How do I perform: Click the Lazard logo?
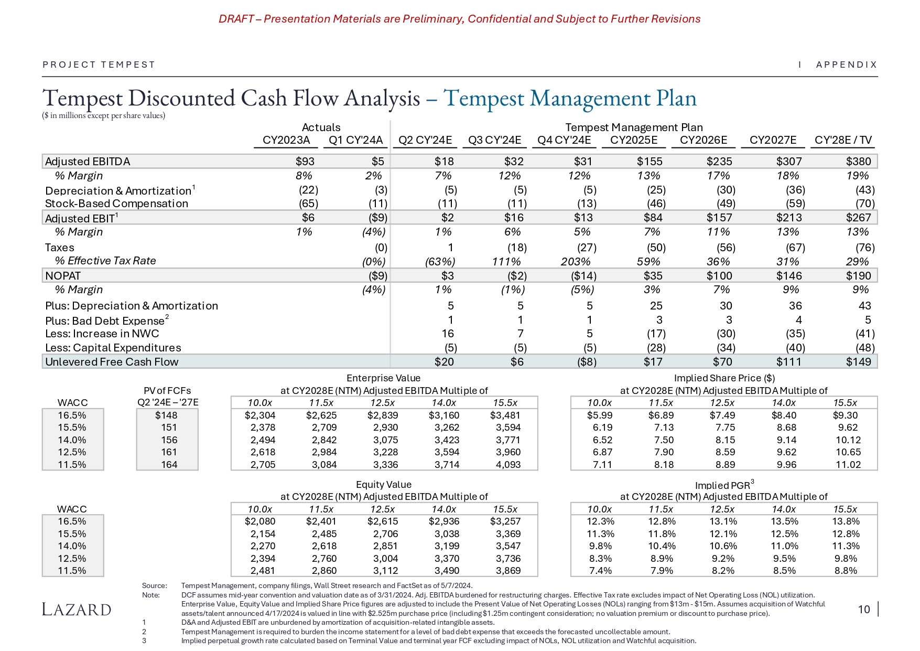[77, 610]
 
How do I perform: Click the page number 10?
[864, 609]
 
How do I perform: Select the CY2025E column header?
[634, 140]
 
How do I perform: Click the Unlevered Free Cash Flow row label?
[112, 362]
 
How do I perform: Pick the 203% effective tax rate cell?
[576, 261]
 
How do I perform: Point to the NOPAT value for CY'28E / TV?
[858, 276]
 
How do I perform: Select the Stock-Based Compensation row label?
[116, 204]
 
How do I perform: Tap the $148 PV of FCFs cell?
[167, 415]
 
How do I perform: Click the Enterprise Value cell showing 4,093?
[508, 465]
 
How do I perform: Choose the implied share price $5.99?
[600, 415]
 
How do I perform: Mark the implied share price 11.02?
[848, 465]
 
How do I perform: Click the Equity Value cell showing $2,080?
[260, 521]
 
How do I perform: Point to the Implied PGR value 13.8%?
[846, 521]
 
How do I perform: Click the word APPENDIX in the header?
[847, 65]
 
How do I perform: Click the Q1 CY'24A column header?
[356, 140]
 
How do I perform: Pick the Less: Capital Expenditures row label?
[113, 348]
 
